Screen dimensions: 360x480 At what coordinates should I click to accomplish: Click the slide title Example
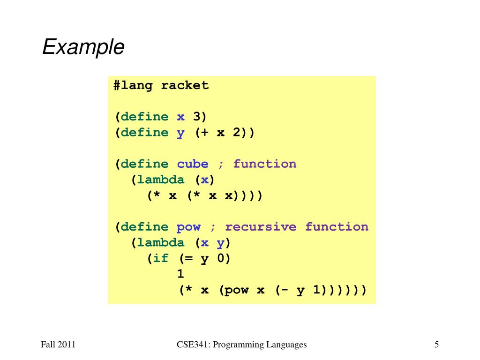83,47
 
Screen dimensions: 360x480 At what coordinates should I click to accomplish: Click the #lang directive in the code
133,85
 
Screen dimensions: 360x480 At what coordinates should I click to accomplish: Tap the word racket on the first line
185,85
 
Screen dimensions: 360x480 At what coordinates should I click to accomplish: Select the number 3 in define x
197,117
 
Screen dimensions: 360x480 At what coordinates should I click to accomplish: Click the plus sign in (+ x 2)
204,133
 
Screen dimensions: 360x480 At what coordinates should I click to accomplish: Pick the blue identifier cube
193,164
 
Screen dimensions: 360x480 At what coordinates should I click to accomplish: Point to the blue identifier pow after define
188,227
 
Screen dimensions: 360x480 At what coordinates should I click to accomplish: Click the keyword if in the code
161,258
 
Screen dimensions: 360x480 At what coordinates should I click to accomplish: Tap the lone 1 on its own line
180,274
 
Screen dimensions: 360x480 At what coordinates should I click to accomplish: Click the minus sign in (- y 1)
285,290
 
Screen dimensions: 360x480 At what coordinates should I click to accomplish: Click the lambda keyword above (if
161,243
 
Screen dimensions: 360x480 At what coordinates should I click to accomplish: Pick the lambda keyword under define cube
161,180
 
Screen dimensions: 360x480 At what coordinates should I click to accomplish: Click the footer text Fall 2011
58,345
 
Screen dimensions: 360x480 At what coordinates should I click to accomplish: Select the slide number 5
436,345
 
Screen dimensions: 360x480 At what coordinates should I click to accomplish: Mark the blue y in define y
180,133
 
